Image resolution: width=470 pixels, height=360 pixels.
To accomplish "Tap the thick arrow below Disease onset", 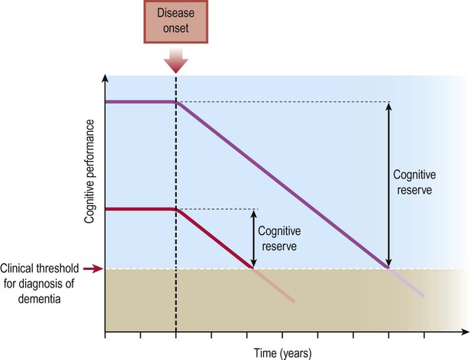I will (176, 58).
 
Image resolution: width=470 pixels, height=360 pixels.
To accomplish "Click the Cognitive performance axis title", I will (89, 171).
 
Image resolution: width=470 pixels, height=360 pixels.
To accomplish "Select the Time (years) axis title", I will (284, 352).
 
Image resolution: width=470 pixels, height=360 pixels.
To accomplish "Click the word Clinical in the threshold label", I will (19, 268).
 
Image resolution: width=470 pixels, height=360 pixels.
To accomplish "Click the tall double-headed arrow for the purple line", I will (389, 184).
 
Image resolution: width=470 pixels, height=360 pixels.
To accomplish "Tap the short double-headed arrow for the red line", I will (253, 238).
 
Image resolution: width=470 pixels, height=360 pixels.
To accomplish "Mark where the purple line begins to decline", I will (176, 102).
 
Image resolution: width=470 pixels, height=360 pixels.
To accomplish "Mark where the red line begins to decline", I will (176, 209).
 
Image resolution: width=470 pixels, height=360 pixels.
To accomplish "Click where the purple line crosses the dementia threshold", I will (389, 268).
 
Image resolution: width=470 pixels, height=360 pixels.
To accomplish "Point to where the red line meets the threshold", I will (253, 268).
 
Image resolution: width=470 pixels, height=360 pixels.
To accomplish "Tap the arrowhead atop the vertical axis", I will (105, 80).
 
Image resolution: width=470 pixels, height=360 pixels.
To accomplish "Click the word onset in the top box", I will (176, 30).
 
